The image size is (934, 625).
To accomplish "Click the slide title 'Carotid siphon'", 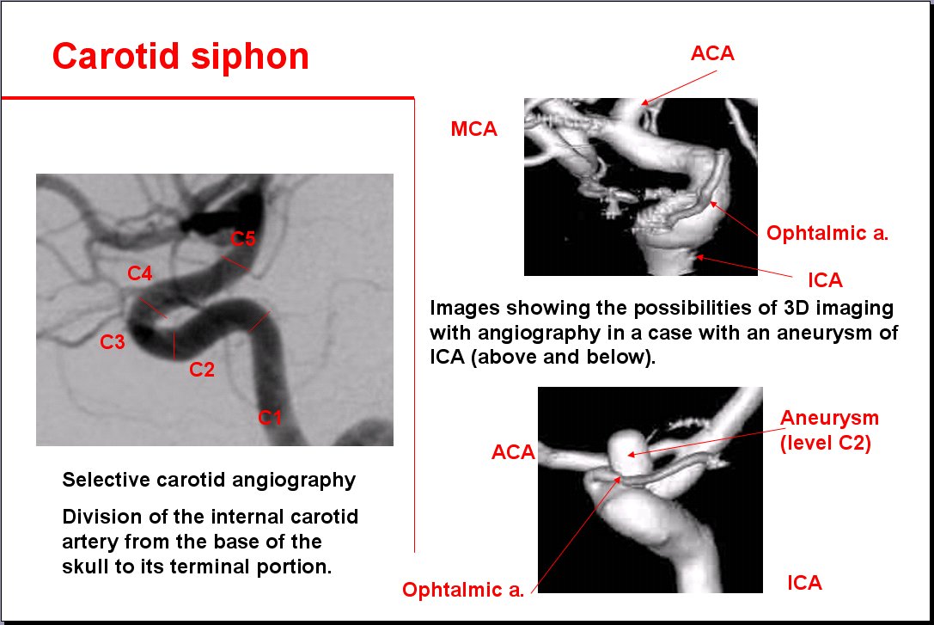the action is coord(180,58).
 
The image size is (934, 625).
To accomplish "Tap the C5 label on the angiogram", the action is coord(243,238).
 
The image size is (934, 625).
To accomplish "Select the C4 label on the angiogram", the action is coord(140,273).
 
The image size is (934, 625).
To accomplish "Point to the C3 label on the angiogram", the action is coord(112,341).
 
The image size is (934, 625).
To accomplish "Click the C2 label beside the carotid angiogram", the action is coord(201,370).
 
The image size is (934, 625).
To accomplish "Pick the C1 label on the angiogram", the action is coord(269,417).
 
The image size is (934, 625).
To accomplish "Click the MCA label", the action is coord(473,129).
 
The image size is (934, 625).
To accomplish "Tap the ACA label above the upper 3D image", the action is coord(712,53).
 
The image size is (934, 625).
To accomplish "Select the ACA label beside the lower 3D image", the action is coord(513,451).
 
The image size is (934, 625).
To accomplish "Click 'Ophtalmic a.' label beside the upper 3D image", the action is coord(827,233).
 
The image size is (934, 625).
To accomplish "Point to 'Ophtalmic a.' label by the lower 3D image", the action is coord(463,589).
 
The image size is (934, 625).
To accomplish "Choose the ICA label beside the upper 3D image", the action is coord(825,279).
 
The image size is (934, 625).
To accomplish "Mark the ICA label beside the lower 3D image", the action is coord(805,582).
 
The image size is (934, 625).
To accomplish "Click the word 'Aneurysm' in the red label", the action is coord(829,418).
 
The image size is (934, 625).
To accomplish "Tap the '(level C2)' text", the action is coord(826,443).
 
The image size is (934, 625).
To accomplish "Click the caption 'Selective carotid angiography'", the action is coord(209,480).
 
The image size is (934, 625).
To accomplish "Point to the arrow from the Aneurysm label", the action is coord(706,442).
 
